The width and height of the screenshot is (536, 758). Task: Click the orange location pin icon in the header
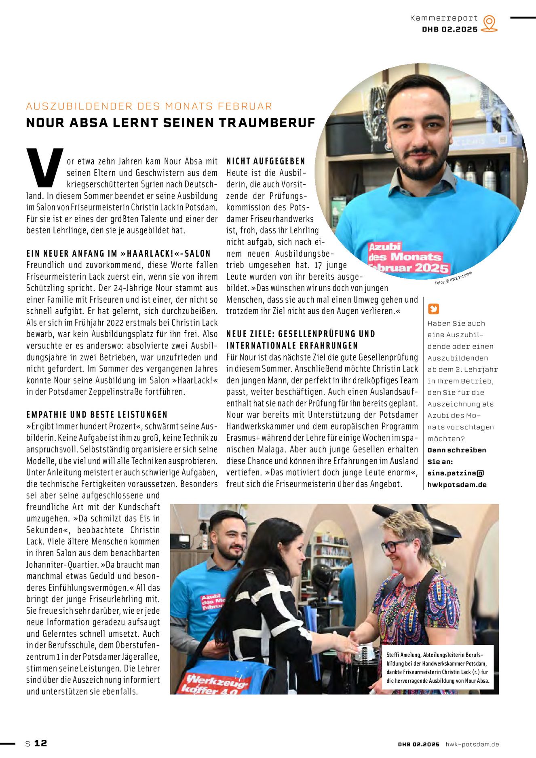[489, 23]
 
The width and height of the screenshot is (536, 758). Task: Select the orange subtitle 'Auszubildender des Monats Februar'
[149, 106]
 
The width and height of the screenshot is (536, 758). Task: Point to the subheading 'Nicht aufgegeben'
[266, 161]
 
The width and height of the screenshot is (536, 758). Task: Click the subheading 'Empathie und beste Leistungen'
[97, 415]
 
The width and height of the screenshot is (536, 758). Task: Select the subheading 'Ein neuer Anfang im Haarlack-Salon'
[118, 254]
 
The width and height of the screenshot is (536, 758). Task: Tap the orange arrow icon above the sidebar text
[433, 309]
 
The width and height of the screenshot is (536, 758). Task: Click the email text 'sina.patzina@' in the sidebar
[456, 473]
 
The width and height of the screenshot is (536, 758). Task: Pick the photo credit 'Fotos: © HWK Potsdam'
[453, 279]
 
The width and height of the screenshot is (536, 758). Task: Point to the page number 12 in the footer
[40, 743]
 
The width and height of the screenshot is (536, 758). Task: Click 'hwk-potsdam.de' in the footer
[472, 744]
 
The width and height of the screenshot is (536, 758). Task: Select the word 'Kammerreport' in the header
[443, 18]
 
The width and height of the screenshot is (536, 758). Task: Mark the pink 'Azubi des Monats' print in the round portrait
[407, 258]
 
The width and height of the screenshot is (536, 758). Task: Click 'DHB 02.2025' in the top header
[449, 30]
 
